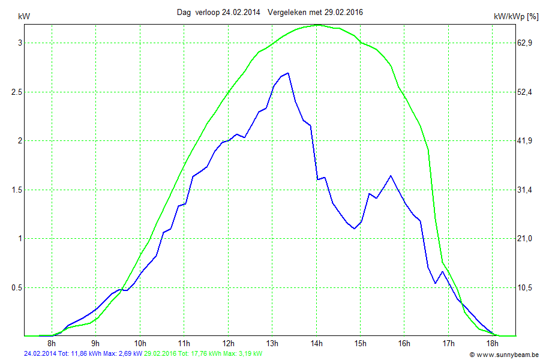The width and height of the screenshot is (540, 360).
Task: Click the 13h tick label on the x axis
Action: pyautogui.click(x=272, y=343)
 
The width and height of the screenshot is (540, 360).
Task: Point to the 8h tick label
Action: pyautogui.click(x=52, y=343)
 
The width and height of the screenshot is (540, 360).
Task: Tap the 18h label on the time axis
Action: pyautogui.click(x=493, y=343)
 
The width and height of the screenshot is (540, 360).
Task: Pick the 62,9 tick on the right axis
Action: pyautogui.click(x=526, y=43)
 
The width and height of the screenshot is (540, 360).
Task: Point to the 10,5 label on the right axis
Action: pyautogui.click(x=526, y=287)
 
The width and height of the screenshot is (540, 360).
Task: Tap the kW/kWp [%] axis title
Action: pyautogui.click(x=515, y=17)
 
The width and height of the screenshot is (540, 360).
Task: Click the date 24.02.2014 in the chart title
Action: pyautogui.click(x=241, y=12)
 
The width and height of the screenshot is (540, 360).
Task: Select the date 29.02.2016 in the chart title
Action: pyautogui.click(x=343, y=12)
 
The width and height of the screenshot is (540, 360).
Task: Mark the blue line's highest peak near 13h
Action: pyautogui.click(x=288, y=73)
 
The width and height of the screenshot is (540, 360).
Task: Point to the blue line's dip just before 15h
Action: pyautogui.click(x=355, y=229)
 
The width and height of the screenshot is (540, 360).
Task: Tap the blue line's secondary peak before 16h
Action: pyautogui.click(x=391, y=176)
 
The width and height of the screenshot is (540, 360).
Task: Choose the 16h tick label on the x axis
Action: pyautogui.click(x=404, y=343)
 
